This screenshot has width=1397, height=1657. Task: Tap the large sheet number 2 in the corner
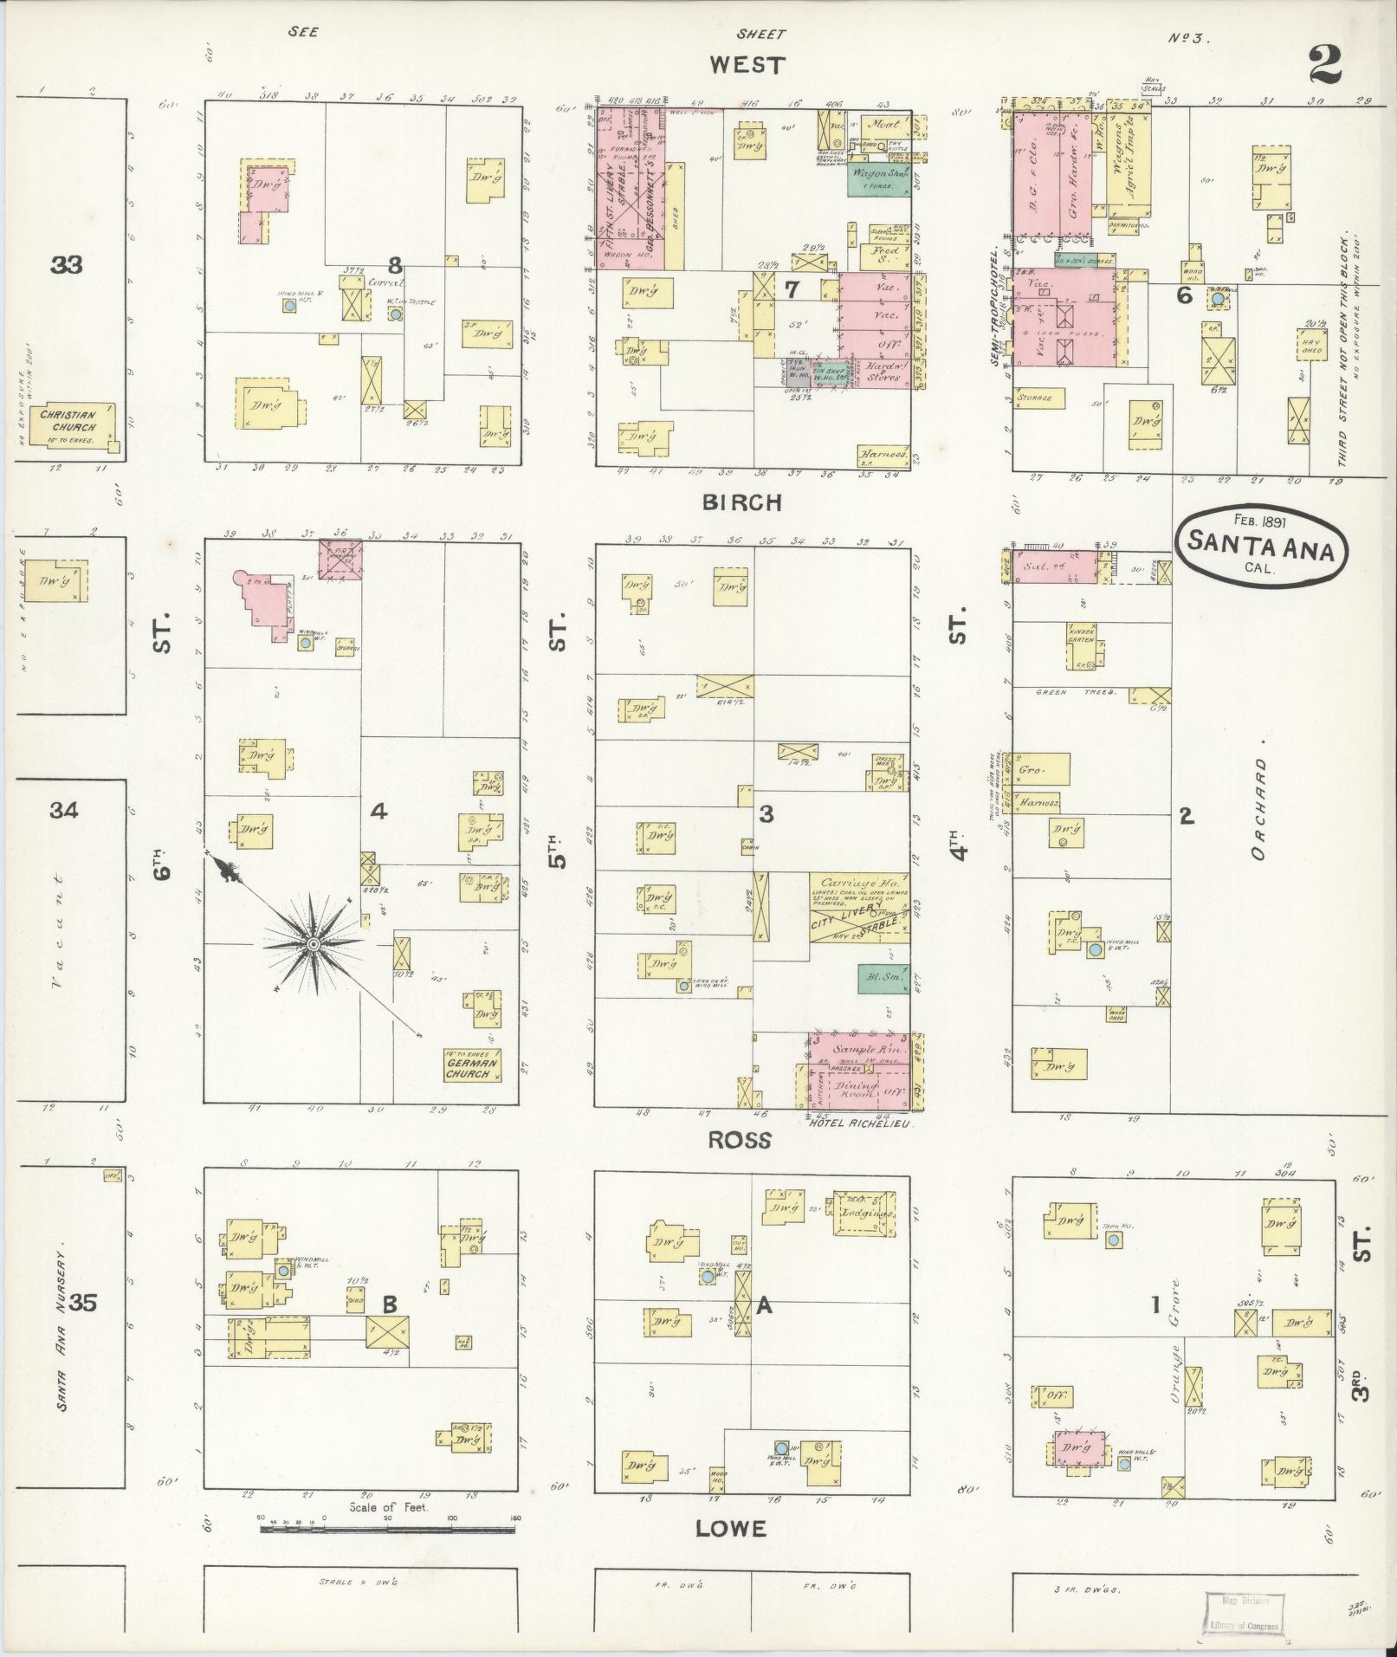(1324, 65)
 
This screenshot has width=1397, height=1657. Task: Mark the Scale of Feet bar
(388, 1531)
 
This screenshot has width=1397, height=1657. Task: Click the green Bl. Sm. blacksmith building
(883, 978)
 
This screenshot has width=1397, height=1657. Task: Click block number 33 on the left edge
(67, 265)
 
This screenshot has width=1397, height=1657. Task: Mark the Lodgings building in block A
(863, 1217)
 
